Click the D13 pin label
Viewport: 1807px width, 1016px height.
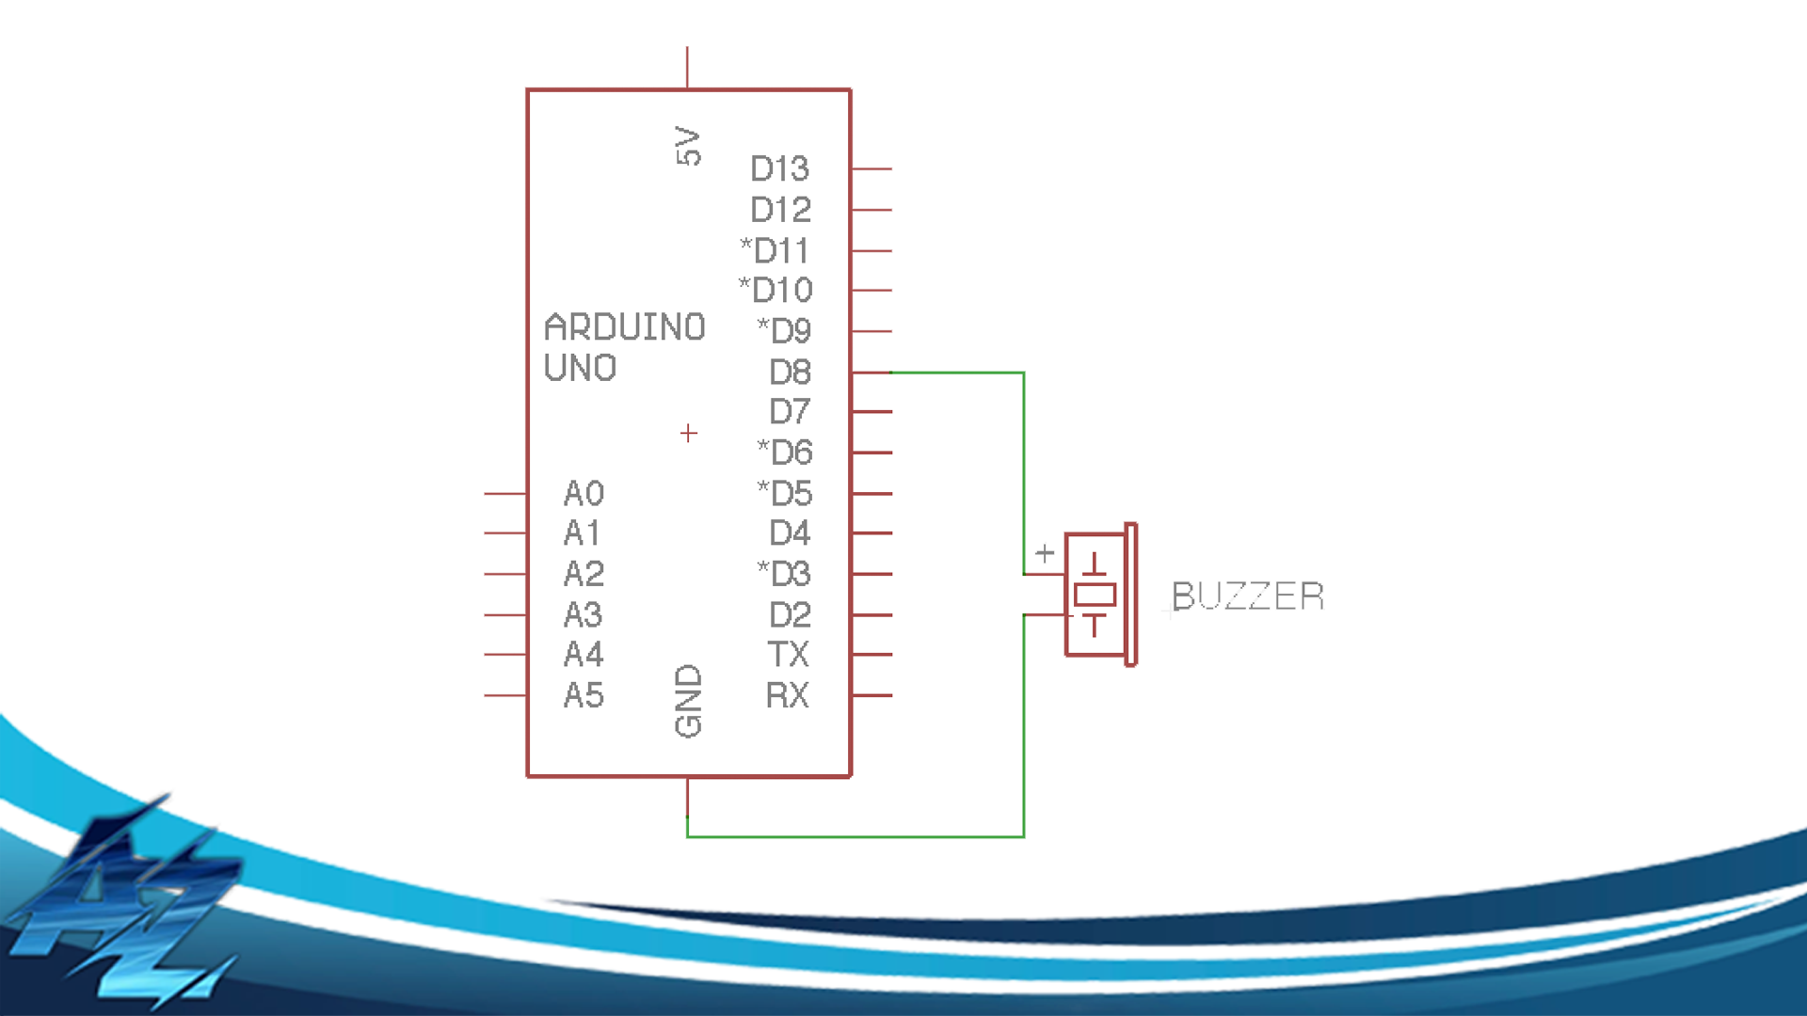[x=779, y=168]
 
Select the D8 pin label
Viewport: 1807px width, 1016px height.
[x=790, y=372]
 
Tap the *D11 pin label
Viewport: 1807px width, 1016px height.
[x=775, y=250]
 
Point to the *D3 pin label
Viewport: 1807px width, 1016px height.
[x=784, y=573]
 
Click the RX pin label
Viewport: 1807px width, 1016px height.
[x=788, y=695]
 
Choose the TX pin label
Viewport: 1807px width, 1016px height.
[x=789, y=654]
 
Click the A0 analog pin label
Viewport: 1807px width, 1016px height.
[x=584, y=493]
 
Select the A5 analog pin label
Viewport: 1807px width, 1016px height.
[x=584, y=695]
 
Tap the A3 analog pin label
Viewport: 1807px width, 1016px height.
[x=584, y=614]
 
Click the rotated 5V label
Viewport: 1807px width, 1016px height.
[x=688, y=146]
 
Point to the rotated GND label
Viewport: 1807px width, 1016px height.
[x=688, y=701]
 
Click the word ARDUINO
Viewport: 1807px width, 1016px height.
[x=625, y=327]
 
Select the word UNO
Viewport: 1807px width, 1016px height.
[x=580, y=368]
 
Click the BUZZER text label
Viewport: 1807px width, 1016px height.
[x=1248, y=596]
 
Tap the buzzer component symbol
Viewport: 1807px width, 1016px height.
[x=1099, y=595]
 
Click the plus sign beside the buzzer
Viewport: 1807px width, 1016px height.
[x=1045, y=553]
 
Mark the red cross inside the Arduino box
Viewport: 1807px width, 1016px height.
[x=689, y=433]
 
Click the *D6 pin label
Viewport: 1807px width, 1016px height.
[x=785, y=452]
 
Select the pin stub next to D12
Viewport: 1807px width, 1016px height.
[x=872, y=210]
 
